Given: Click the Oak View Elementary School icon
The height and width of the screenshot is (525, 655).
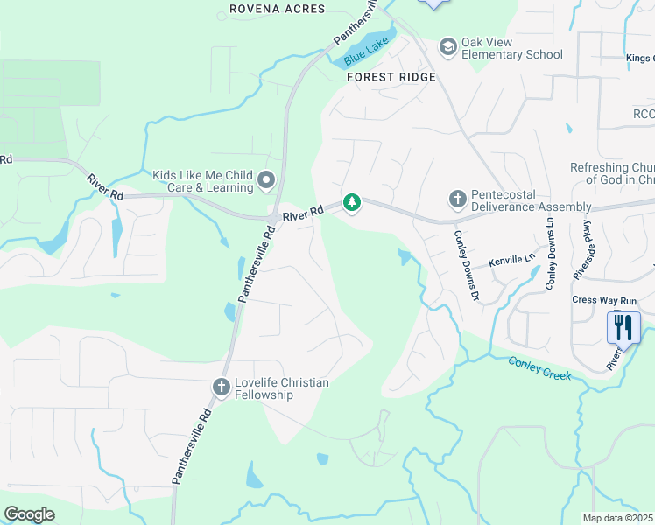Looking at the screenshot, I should [x=448, y=46].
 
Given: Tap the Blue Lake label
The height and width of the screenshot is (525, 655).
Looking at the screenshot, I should [x=365, y=56].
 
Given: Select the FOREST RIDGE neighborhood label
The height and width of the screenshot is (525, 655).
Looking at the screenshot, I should [x=391, y=77].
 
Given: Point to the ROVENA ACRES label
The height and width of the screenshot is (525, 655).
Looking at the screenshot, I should [x=277, y=9].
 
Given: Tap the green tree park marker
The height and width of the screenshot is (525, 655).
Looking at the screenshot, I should [x=352, y=202].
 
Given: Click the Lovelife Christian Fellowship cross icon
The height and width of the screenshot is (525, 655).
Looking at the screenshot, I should [x=222, y=386].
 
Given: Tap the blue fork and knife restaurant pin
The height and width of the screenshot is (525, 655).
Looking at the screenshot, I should [x=623, y=328].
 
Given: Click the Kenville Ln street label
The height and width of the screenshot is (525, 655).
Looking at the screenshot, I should [x=511, y=260].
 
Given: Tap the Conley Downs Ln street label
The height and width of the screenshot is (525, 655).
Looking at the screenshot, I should [x=551, y=254].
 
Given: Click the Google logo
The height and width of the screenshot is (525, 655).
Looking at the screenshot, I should [x=29, y=514].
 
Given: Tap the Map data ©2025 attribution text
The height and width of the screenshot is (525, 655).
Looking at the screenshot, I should [x=618, y=518].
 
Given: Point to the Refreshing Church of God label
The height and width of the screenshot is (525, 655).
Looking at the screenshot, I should [x=612, y=173].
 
